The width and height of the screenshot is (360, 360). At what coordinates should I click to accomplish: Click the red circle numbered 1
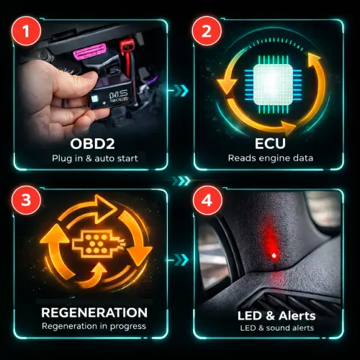coord(26,31)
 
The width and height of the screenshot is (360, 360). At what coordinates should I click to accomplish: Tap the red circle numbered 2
coord(207,31)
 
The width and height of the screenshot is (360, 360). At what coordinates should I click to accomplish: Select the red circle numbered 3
coord(26,199)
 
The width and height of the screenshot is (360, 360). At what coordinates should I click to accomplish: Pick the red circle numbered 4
coord(207,199)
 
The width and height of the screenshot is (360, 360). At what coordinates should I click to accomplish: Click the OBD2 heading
coord(92,144)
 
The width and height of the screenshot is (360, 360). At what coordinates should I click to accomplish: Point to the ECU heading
coord(270,143)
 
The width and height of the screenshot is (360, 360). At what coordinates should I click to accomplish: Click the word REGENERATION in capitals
coord(94,312)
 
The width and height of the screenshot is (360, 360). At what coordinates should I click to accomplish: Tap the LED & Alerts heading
coord(276,315)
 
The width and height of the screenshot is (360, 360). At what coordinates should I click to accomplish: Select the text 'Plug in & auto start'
coord(95,158)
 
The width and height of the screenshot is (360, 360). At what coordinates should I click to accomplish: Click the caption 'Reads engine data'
coord(271,158)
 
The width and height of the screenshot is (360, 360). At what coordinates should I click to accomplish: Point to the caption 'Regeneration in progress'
coord(94,326)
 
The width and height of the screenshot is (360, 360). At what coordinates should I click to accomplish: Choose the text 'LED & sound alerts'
coord(277,328)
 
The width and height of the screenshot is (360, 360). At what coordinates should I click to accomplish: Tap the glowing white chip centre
coord(273,84)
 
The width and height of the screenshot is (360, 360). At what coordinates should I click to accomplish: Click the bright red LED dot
coord(274,256)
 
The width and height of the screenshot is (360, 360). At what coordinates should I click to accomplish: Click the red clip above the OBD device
coord(126,48)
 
